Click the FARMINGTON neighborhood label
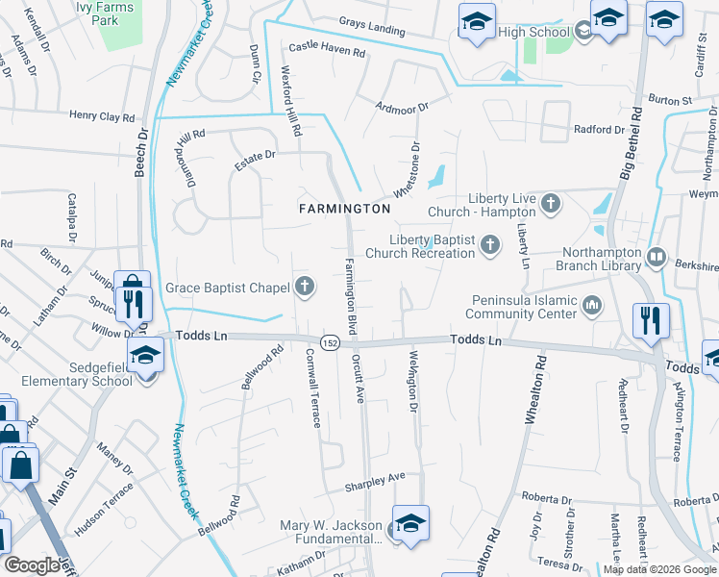point(344,209)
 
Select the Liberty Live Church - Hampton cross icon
point(551,203)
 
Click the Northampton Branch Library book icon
point(657,257)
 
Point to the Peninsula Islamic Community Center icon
point(593,306)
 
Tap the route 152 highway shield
point(329,343)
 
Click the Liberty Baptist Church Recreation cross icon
point(490,245)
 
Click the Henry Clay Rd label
point(102,116)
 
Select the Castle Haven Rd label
point(327,47)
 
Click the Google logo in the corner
point(32,565)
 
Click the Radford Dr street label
point(598,130)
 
